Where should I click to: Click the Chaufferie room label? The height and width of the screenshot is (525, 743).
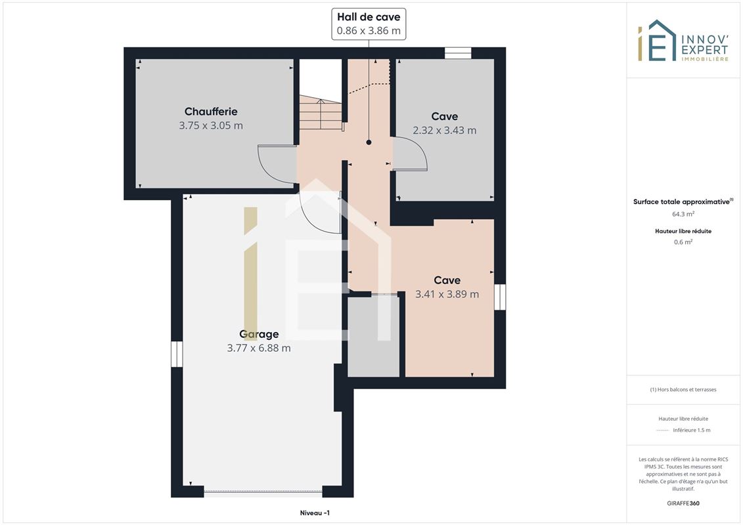(x=211, y=112)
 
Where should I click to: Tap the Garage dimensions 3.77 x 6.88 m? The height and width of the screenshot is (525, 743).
(x=259, y=348)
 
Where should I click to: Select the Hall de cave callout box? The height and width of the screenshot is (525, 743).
(x=369, y=24)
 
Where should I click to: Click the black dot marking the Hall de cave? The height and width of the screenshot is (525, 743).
(x=369, y=142)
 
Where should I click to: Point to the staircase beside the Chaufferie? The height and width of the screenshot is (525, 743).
(x=321, y=112)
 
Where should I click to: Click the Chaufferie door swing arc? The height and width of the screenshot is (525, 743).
(x=265, y=165)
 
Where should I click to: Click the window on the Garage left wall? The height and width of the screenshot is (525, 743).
(x=177, y=354)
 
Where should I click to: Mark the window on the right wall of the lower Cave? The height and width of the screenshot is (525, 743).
(x=500, y=297)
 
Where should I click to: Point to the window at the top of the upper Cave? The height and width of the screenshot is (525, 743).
(x=458, y=53)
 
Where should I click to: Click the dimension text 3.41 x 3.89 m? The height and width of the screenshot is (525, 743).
(x=447, y=294)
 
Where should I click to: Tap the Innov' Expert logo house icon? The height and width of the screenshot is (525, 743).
(x=656, y=41)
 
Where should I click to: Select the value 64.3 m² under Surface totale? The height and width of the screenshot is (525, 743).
(x=683, y=214)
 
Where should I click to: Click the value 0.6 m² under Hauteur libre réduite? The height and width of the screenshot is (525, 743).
(x=683, y=242)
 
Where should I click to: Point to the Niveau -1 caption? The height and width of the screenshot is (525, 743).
(x=315, y=513)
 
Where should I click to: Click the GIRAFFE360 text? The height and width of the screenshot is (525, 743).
(x=683, y=503)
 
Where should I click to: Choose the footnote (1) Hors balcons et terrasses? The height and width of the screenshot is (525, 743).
(x=683, y=390)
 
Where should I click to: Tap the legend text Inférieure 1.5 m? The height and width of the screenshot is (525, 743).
(x=691, y=430)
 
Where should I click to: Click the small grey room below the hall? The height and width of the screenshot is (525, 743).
(x=373, y=337)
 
